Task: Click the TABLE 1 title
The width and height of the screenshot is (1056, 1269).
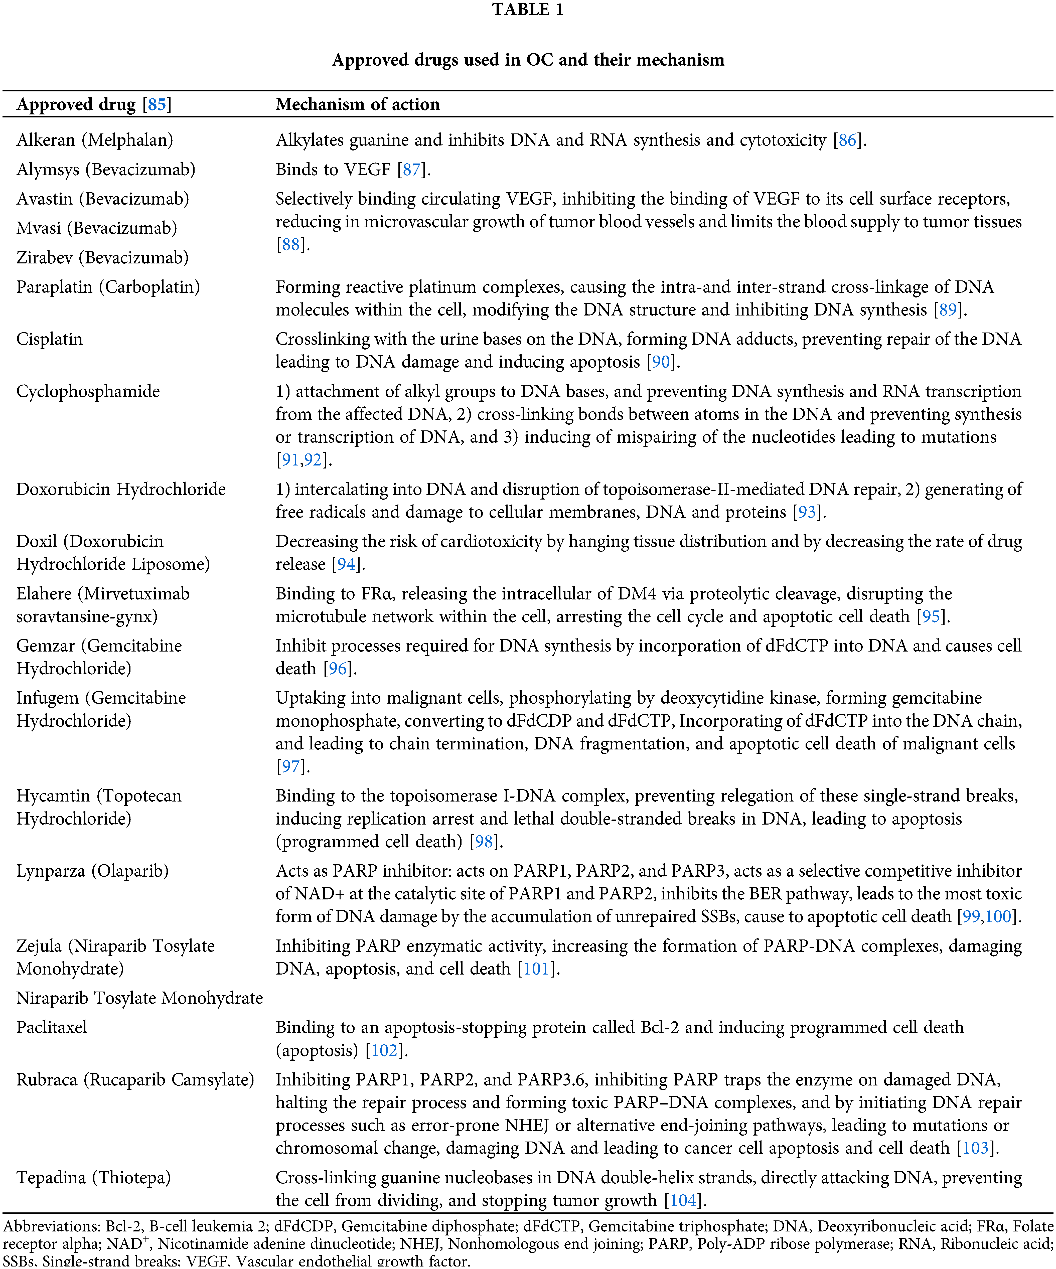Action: (528, 10)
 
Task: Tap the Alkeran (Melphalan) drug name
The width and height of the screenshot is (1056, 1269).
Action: (94, 140)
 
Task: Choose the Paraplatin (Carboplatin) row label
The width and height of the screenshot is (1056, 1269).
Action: (108, 287)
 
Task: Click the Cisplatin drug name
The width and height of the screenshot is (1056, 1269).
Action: (50, 339)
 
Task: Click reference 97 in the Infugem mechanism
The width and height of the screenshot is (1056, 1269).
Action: (290, 767)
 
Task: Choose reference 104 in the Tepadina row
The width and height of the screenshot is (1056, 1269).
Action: (683, 1201)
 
